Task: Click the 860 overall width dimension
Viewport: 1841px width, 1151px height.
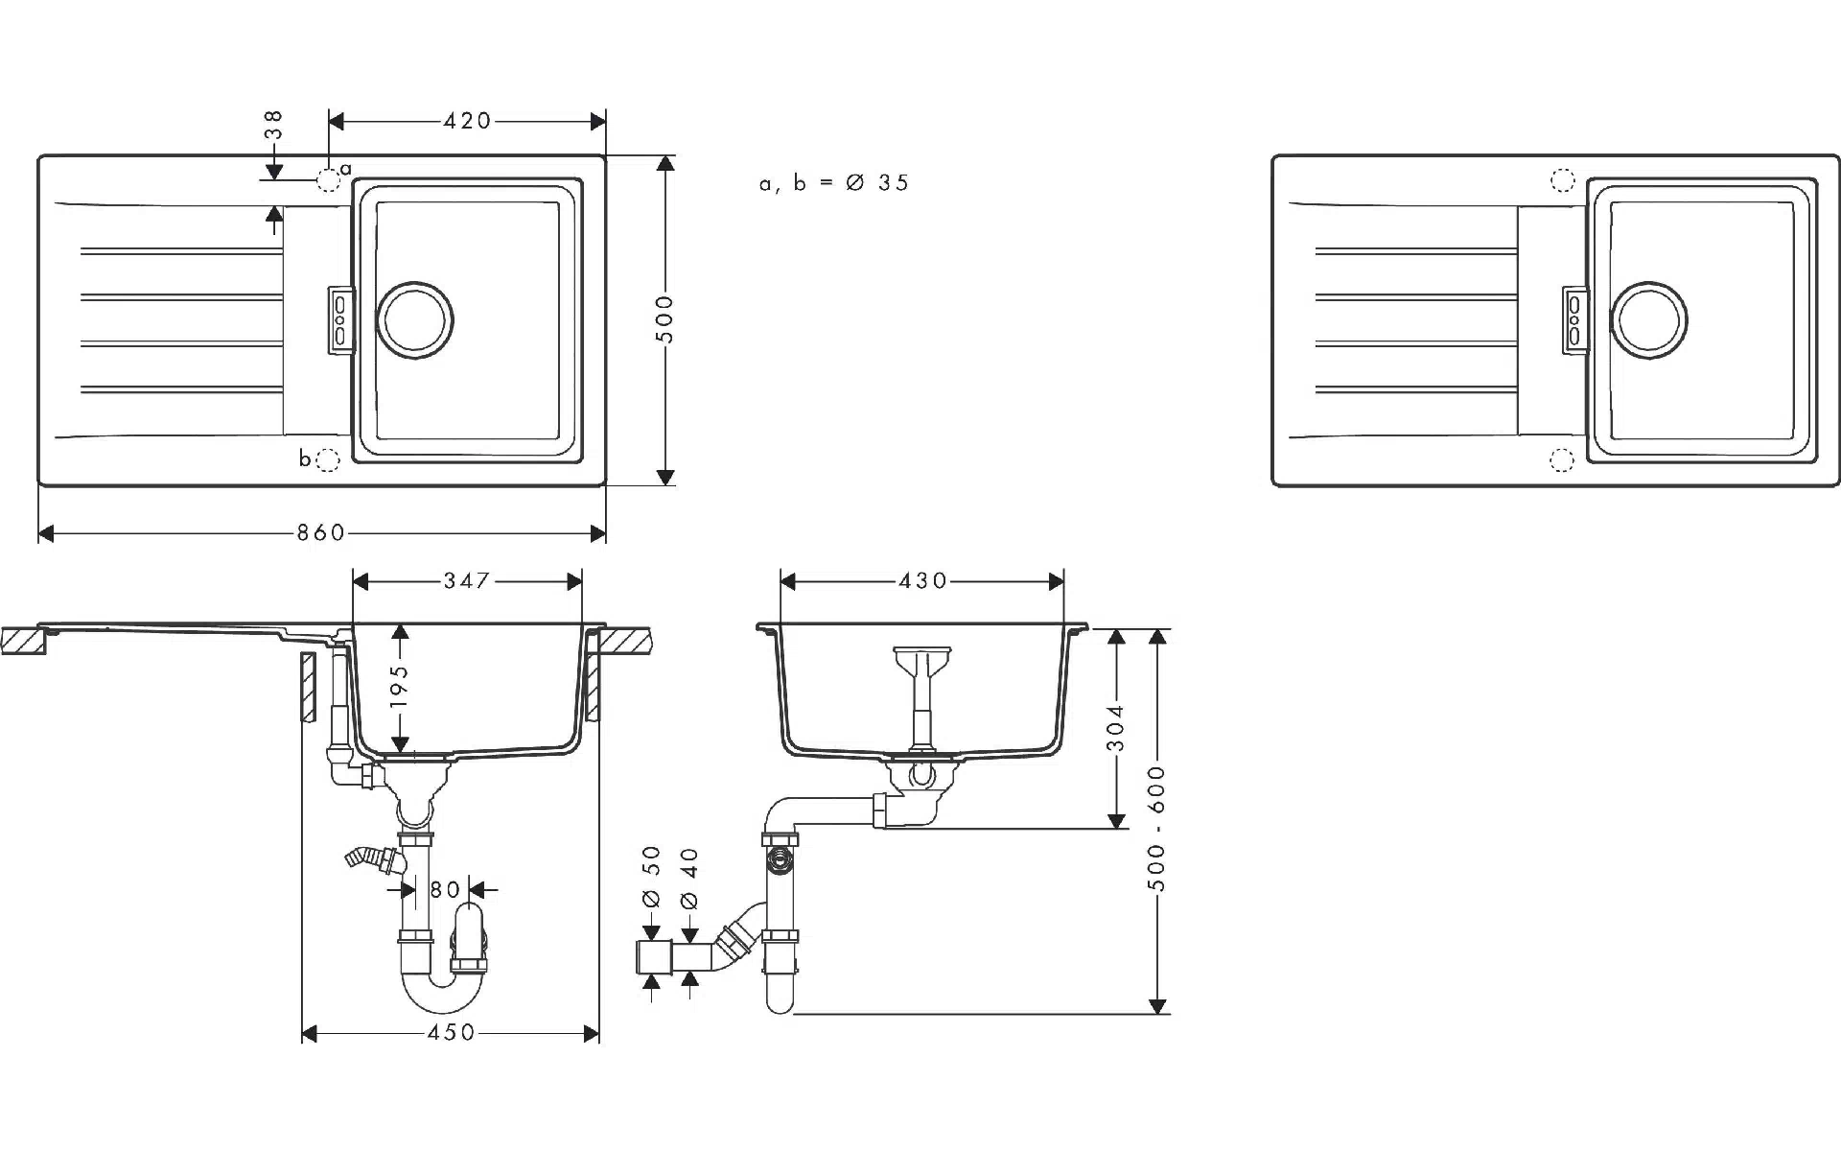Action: pos(320,532)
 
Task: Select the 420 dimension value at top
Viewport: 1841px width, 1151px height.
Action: pos(467,121)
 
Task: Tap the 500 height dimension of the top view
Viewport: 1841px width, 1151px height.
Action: pos(665,319)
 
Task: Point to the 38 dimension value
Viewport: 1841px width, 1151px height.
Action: pos(274,126)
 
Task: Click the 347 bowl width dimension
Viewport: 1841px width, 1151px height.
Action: pos(467,580)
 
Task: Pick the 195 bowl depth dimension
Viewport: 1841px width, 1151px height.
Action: pos(400,686)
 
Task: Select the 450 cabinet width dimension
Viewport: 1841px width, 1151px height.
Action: pos(451,1032)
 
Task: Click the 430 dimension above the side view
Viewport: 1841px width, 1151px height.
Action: pos(922,580)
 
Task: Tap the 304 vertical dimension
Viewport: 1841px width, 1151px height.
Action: pos(1115,728)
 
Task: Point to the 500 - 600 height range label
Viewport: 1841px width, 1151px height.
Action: pos(1157,828)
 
